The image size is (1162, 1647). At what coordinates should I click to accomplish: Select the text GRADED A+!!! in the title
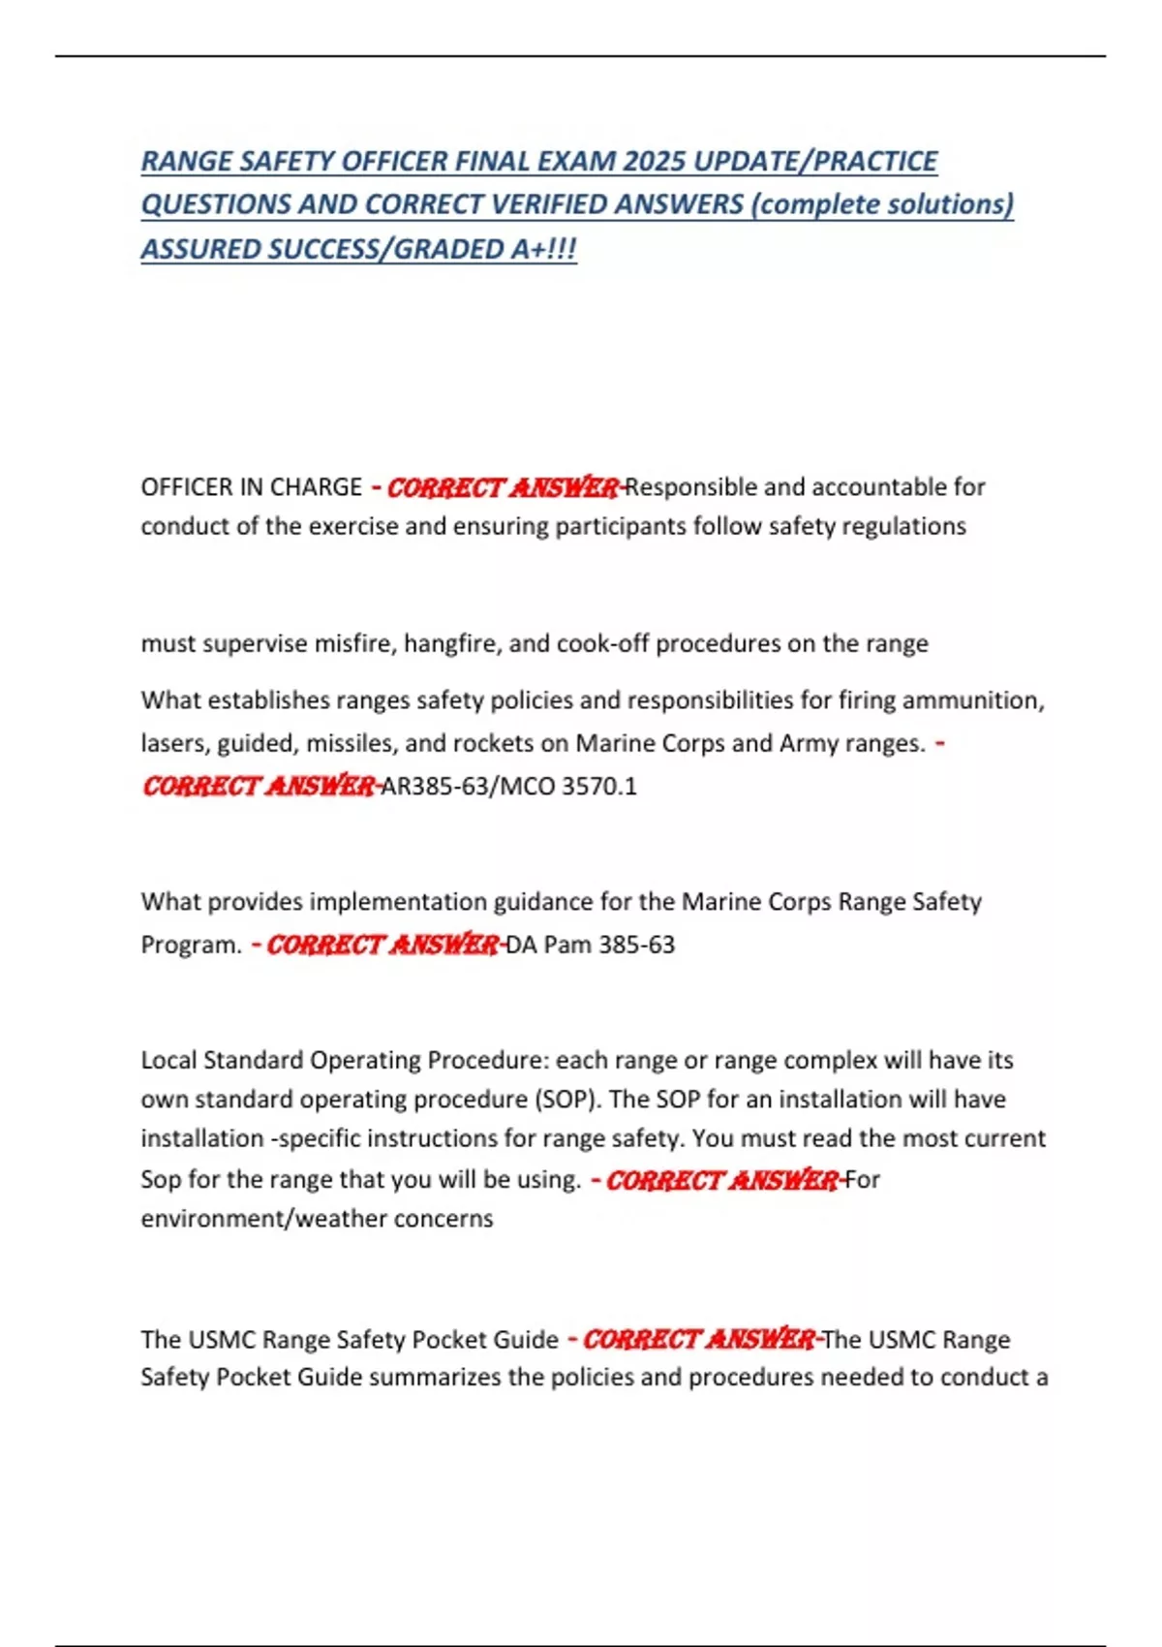[486, 249]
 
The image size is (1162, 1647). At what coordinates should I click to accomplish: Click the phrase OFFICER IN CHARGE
[252, 486]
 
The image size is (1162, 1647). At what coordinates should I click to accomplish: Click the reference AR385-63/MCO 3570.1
[509, 786]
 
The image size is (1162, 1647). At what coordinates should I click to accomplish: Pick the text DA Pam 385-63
[590, 945]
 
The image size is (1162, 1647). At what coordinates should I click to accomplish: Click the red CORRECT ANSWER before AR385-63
[259, 786]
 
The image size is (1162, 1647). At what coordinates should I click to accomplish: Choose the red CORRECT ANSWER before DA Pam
[382, 945]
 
